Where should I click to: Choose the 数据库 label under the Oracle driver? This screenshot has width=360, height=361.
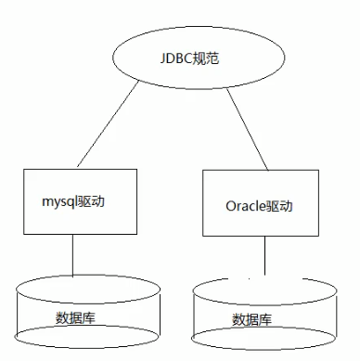tap(251, 320)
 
